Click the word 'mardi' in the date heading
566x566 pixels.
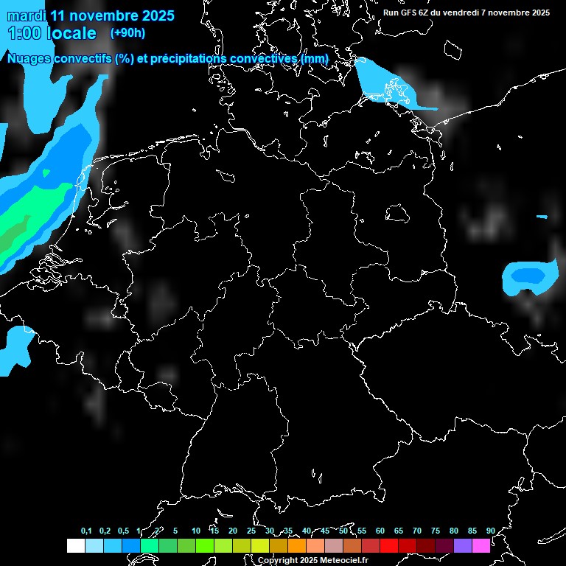(26, 15)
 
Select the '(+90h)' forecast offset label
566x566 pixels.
(127, 32)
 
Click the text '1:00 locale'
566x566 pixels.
(52, 33)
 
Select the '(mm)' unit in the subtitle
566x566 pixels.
(314, 58)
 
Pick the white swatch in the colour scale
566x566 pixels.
(75, 546)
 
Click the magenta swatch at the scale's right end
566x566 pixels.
(481, 546)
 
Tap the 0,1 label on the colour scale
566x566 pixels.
(86, 531)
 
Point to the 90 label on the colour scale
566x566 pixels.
(491, 531)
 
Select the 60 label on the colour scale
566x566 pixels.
(380, 531)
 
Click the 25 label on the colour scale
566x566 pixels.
(251, 531)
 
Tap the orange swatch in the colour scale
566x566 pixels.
(297, 546)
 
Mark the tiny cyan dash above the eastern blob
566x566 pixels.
(542, 217)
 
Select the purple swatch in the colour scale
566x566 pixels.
(463, 546)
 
